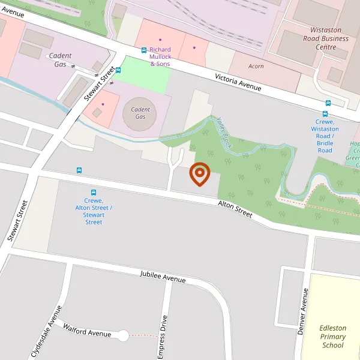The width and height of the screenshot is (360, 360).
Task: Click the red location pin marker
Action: pos(199,174)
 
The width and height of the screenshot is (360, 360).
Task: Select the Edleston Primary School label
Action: pos(332,337)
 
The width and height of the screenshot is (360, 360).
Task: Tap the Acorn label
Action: pos(256,66)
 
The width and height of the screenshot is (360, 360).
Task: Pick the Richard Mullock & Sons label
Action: pos(160,56)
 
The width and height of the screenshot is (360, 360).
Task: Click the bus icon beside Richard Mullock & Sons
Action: pos(144,50)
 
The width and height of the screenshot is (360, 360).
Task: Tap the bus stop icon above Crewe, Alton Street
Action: pos(79,171)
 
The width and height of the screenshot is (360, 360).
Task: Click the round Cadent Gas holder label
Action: pos(140,113)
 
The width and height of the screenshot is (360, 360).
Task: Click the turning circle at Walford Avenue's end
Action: pos(123,336)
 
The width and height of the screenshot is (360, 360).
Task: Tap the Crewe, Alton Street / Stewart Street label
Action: pos(94,211)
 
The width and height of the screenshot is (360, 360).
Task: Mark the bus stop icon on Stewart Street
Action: pos(118,70)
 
